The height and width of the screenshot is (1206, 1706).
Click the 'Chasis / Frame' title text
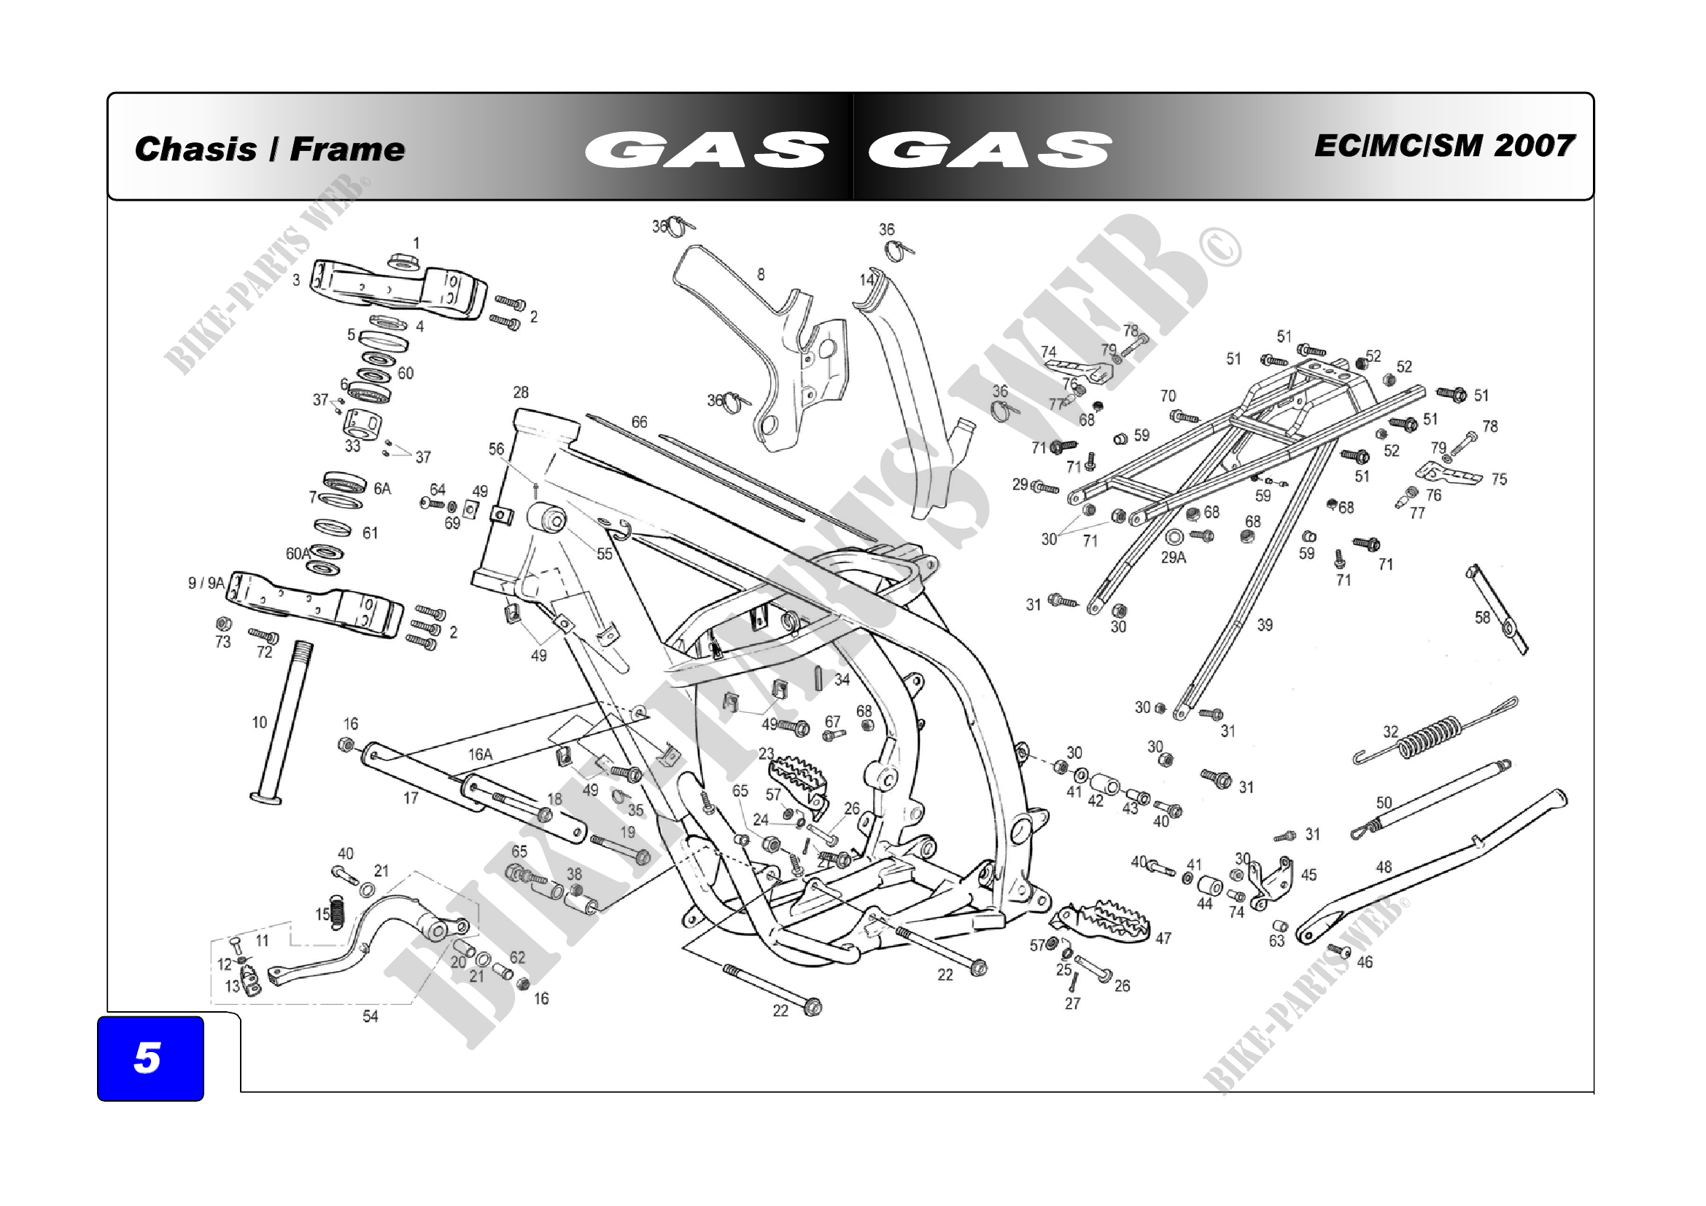point(270,149)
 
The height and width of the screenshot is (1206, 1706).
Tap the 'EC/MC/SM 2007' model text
point(1443,146)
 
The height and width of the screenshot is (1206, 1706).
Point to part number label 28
point(521,393)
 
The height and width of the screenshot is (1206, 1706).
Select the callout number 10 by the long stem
point(260,722)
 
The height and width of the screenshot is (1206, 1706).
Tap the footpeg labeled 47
point(1102,921)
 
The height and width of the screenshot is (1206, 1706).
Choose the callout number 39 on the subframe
point(1265,625)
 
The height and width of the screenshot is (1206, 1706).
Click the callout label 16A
point(480,754)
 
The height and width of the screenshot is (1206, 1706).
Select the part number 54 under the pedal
point(370,1016)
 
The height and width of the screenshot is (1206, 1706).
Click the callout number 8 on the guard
point(761,274)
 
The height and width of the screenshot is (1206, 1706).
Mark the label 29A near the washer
point(1174,557)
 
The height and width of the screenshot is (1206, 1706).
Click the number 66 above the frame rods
point(639,422)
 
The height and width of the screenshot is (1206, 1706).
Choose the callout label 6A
point(382,488)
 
